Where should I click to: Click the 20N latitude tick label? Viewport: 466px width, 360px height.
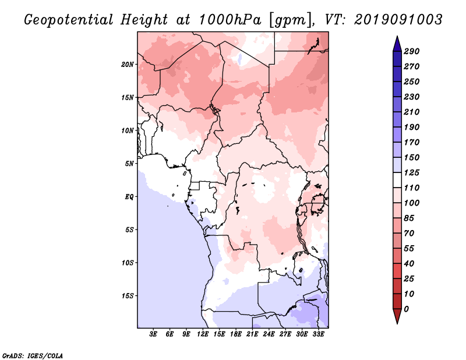coord(128,65)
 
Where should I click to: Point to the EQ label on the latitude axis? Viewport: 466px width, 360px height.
coord(129,197)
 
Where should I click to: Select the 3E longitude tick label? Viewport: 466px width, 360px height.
coord(153,334)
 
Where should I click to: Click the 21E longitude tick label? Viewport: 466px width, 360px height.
coord(252,334)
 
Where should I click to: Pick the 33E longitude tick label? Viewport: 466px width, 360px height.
coord(318,334)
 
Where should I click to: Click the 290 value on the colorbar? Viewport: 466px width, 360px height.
coord(412,51)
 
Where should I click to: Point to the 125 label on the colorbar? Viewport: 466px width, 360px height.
coord(412,172)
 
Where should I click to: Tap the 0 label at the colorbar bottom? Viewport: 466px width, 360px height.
coord(406,309)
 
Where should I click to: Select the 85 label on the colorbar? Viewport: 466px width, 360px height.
coord(409,218)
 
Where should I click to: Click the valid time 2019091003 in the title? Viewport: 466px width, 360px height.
coord(398,20)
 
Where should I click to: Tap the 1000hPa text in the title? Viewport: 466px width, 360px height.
coord(230,20)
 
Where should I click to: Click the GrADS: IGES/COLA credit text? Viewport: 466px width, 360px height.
coord(33,356)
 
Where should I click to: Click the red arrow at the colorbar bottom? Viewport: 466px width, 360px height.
coord(397,316)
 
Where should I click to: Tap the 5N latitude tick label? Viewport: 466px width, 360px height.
coord(129,164)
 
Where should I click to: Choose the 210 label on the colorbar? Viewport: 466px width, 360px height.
coord(412,112)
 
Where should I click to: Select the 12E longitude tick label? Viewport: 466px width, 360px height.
coord(202,334)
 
